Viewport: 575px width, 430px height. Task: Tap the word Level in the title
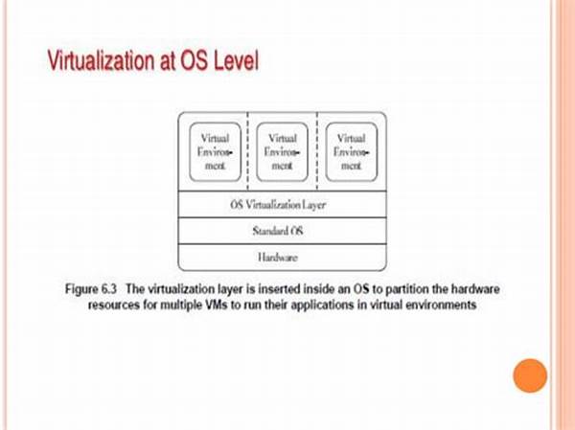tap(236, 60)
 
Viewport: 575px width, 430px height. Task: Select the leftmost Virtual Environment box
tap(216, 151)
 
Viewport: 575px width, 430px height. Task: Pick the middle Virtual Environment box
tap(282, 151)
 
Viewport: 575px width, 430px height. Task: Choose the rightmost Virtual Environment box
tap(352, 151)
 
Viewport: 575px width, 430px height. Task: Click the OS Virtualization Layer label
tap(278, 205)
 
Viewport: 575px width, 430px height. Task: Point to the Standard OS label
tap(278, 231)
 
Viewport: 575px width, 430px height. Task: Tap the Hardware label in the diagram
tap(278, 258)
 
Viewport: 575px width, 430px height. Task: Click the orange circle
tap(530, 375)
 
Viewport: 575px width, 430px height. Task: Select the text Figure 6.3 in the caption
tap(91, 289)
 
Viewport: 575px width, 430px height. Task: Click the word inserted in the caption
tap(280, 289)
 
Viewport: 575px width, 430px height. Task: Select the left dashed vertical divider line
tap(248, 151)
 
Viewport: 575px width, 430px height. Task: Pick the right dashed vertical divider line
tap(317, 151)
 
